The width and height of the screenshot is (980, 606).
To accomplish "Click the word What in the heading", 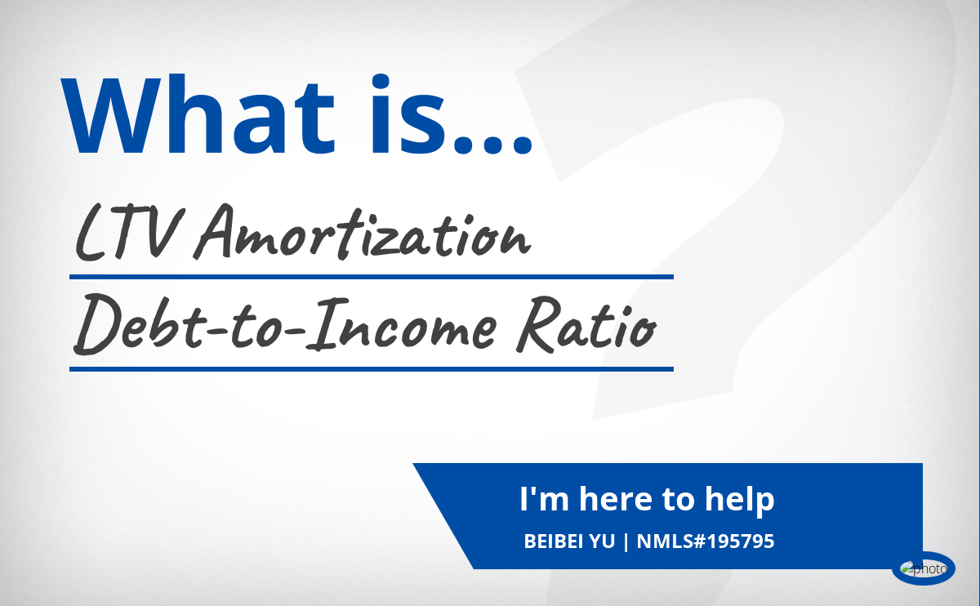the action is (198, 114).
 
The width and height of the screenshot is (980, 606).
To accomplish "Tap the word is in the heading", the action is (408, 114).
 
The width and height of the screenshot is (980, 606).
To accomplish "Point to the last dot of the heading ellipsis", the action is (522, 144).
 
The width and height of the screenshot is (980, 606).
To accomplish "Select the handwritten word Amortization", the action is (363, 233).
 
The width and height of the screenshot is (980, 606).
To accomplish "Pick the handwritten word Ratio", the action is (586, 325).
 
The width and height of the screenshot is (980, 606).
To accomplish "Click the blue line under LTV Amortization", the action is (372, 277).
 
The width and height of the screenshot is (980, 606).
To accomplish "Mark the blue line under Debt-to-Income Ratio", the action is (372, 369).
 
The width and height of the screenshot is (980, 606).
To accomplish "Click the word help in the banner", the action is (739, 500).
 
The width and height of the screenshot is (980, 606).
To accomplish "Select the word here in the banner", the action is (615, 499).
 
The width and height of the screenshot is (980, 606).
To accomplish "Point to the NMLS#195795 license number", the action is (706, 541).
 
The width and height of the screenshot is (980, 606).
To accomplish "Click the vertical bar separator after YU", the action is (626, 541).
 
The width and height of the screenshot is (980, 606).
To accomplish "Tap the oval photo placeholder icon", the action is (923, 568).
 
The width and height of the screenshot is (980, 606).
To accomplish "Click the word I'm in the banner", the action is (544, 499).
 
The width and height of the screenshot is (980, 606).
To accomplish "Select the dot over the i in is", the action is (381, 82).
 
